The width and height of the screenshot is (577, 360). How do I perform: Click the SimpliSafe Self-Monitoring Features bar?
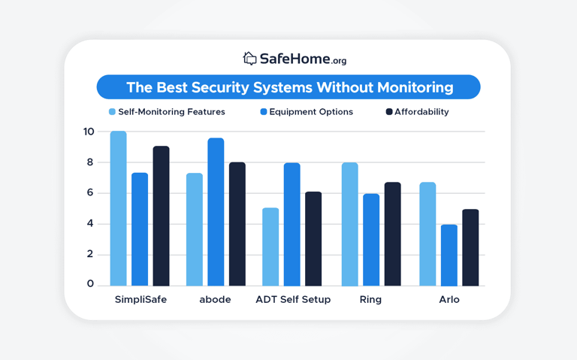pos(118,208)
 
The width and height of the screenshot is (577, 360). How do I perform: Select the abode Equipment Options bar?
pos(216,212)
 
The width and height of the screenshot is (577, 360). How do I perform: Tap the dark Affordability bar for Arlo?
pos(470,247)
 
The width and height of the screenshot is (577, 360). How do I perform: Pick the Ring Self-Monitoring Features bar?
pos(349,224)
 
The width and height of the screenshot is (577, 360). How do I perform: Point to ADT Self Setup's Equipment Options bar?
pos(292,224)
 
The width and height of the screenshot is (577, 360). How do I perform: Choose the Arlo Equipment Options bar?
pos(449,255)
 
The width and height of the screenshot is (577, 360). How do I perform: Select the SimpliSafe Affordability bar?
pos(161,216)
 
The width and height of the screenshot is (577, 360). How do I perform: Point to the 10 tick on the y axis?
pos(89,132)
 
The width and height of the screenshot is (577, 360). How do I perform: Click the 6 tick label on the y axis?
pos(90,192)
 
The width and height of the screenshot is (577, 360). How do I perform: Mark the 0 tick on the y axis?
pos(90,283)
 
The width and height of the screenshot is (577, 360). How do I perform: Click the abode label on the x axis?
pos(215,299)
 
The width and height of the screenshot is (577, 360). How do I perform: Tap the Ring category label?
pos(370,299)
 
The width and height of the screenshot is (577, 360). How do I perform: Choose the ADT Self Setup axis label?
pos(292,299)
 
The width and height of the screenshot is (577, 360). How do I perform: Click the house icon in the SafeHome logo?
pos(249,58)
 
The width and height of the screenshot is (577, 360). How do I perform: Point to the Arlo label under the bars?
pos(449,299)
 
